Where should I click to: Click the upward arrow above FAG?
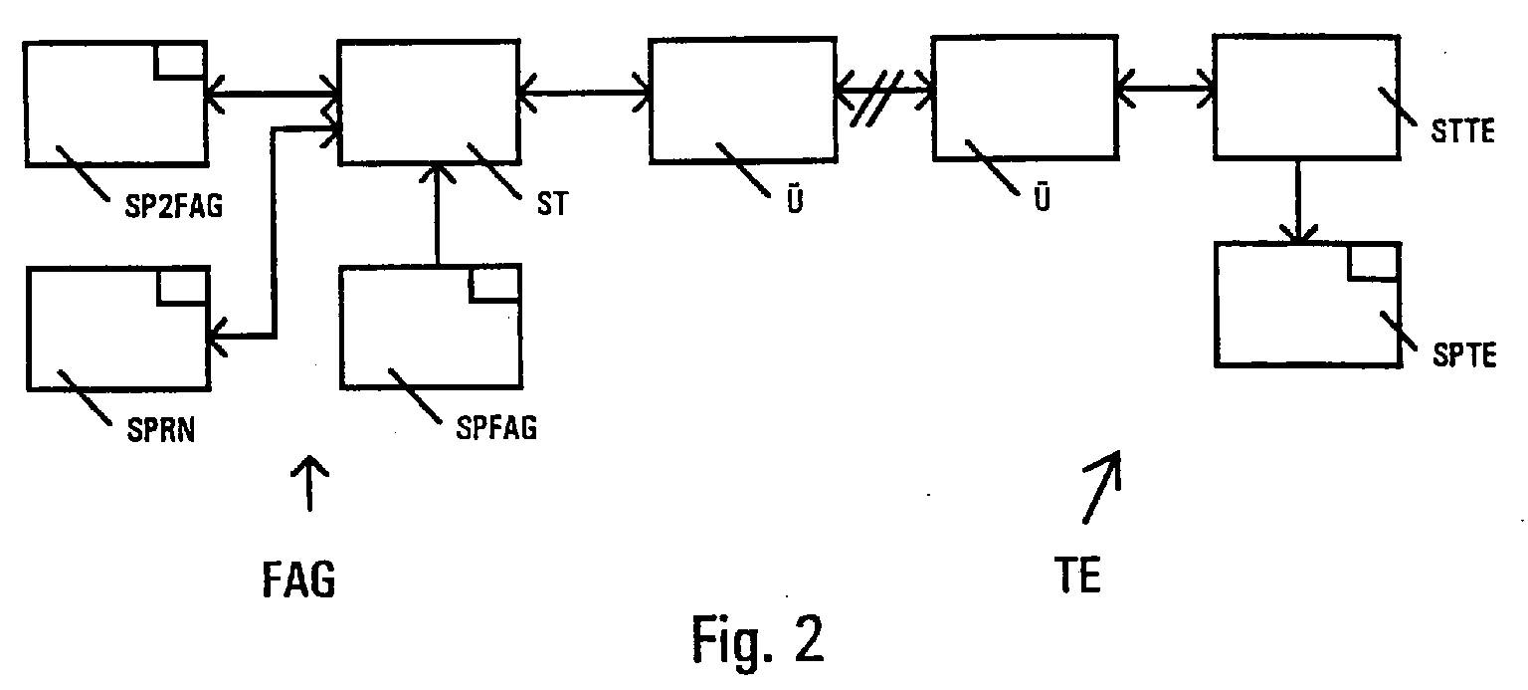[x=310, y=483]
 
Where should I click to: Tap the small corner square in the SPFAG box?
[x=494, y=283]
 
